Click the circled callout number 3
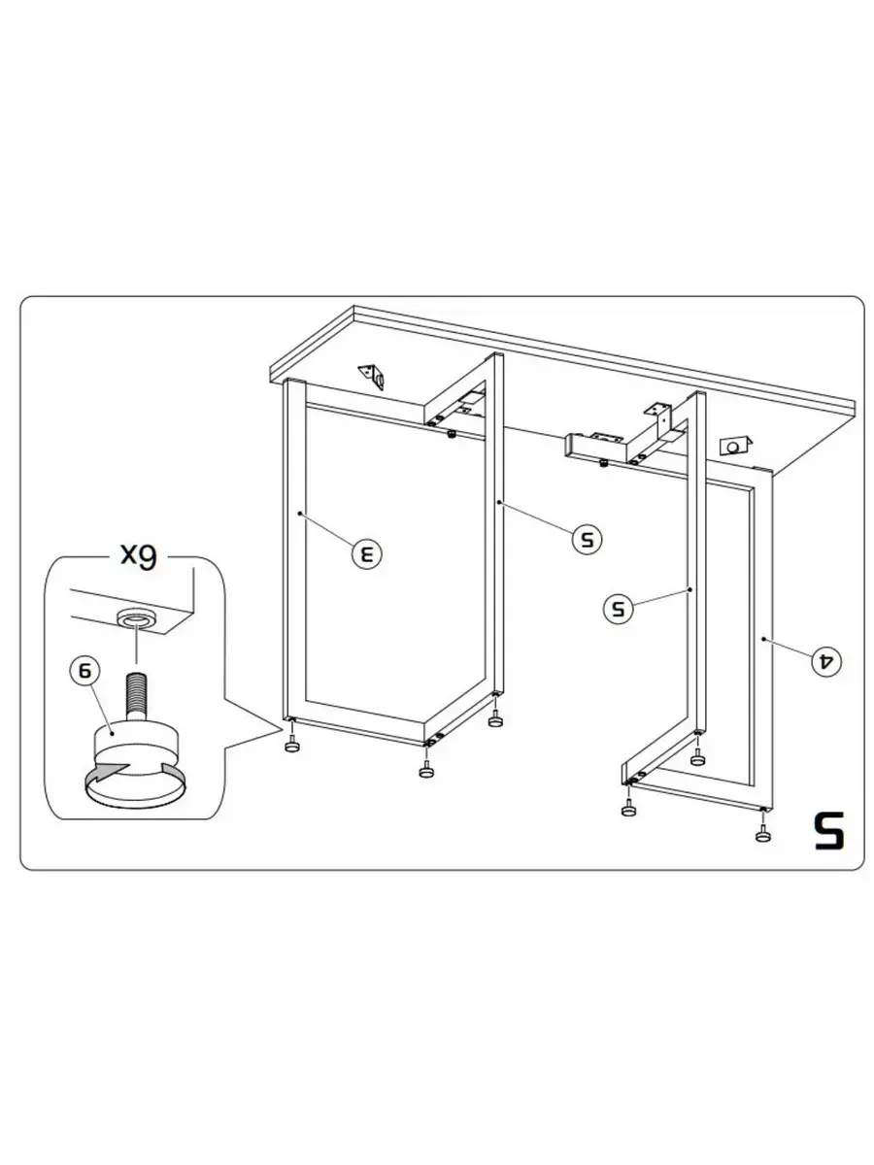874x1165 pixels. [367, 553]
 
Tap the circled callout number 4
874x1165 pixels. [826, 661]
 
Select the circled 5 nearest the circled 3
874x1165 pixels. [587, 539]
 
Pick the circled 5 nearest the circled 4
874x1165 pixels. [619, 608]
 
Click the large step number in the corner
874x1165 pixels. [829, 830]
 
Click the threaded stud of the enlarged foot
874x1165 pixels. [136, 696]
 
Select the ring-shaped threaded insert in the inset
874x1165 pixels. [137, 619]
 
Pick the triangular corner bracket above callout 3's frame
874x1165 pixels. [372, 376]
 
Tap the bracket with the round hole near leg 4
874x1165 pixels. [733, 446]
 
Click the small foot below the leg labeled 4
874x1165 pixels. [763, 836]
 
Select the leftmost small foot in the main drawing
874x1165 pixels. [292, 746]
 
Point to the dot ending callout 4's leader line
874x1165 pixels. [762, 639]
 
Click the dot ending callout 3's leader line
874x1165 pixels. [300, 514]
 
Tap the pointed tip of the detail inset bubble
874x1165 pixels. [282, 731]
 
